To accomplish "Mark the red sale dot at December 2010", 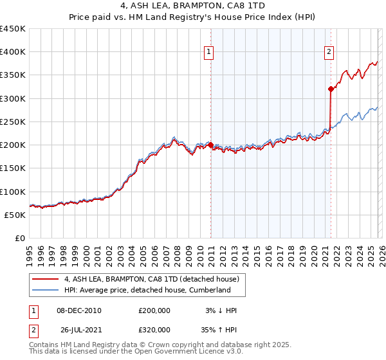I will [x=210, y=145].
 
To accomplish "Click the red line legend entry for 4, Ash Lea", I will [x=152, y=279].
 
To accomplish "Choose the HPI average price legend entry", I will [x=147, y=290].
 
